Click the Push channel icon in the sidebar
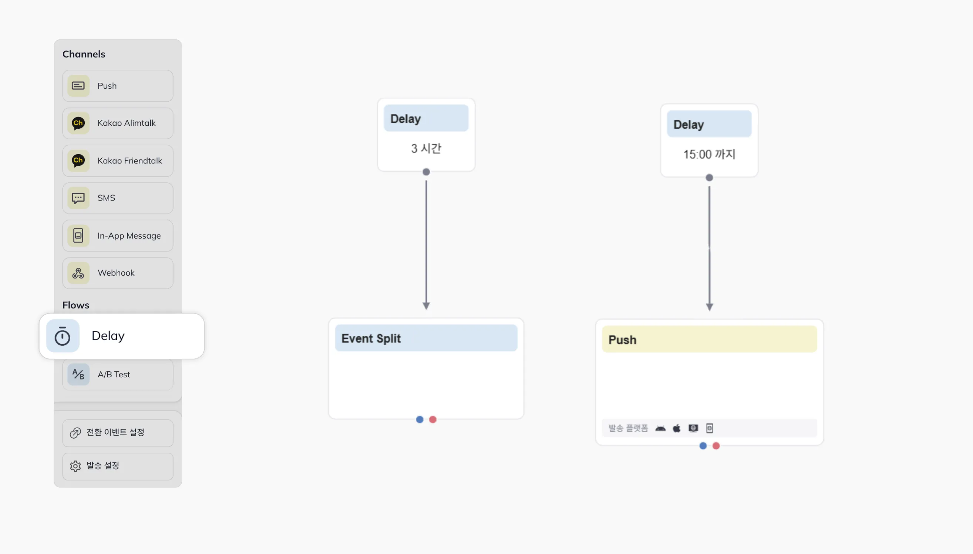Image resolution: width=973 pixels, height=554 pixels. [78, 85]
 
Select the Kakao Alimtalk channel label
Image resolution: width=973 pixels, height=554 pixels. [126, 123]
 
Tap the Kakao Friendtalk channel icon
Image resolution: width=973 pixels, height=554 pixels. [78, 161]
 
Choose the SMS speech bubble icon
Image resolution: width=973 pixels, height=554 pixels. [78, 198]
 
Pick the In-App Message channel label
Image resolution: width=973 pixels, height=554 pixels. [129, 236]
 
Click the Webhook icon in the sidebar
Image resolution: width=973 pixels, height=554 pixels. [78, 273]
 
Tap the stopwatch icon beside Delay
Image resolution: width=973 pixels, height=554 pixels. [63, 336]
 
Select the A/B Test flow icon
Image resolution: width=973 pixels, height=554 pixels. [78, 374]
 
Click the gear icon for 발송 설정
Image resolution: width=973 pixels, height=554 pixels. [75, 466]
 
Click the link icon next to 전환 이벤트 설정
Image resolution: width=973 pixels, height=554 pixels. [75, 433]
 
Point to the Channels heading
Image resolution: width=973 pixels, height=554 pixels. [84, 54]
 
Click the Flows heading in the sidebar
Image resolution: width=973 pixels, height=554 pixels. [76, 305]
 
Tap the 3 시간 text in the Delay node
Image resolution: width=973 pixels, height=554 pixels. [426, 148]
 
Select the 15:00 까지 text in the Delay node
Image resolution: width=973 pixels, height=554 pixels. [709, 154]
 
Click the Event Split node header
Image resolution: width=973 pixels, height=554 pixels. [426, 338]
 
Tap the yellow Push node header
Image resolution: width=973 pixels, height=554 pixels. [709, 339]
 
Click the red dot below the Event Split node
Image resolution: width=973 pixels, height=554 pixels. [432, 419]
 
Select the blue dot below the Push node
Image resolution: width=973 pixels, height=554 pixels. [703, 446]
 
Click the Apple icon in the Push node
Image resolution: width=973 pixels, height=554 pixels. [677, 428]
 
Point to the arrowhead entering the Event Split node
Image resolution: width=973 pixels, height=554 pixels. [426, 306]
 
